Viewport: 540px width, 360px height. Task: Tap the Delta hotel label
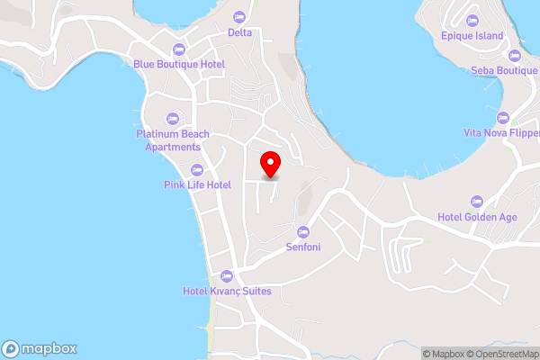click(239, 32)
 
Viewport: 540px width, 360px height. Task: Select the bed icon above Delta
click(239, 17)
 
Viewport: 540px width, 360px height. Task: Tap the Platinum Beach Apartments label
click(173, 140)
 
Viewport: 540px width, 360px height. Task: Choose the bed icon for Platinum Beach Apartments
click(173, 118)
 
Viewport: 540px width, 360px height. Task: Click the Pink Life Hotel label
click(197, 184)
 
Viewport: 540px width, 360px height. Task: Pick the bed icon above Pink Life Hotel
click(197, 169)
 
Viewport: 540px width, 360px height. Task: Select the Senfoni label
click(303, 247)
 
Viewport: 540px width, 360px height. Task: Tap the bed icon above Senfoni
click(303, 231)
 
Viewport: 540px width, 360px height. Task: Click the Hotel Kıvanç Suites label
click(227, 291)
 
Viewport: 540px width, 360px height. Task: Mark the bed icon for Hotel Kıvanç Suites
click(227, 275)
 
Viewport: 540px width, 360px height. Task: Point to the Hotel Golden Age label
click(476, 216)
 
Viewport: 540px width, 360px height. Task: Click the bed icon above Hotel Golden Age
click(476, 201)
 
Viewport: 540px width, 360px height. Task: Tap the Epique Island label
click(472, 36)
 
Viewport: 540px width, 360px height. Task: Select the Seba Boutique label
click(504, 70)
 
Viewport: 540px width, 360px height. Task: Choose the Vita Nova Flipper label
click(501, 132)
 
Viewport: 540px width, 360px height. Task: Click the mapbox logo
click(40, 348)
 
